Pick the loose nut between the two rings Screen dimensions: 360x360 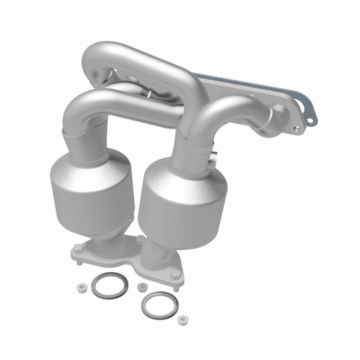tap(142, 286)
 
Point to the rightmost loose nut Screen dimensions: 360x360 tap(183, 318)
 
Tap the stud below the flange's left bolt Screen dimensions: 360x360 tap(78, 260)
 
